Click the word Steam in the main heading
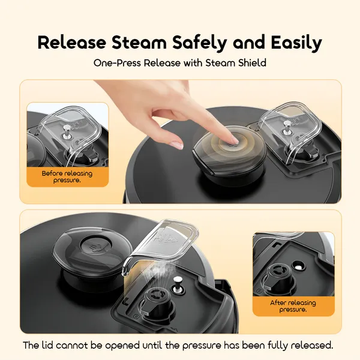pyautogui.click(x=139, y=43)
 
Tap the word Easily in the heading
pyautogui.click(x=296, y=43)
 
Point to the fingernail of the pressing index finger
pyautogui.click(x=234, y=139)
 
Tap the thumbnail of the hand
pyautogui.click(x=176, y=145)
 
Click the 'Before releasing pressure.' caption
pyautogui.click(x=67, y=176)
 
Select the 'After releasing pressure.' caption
pyautogui.click(x=293, y=306)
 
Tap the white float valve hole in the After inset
pyautogui.click(x=299, y=266)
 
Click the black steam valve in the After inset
pyautogui.click(x=278, y=279)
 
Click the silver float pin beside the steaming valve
pyautogui.click(x=178, y=284)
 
